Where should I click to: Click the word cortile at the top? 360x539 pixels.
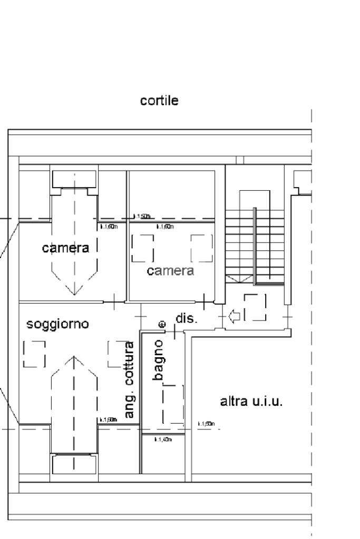point(159,101)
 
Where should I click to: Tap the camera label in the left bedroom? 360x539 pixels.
point(66,248)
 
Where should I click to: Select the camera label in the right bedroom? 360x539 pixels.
point(170,271)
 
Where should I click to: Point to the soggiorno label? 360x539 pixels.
point(58,325)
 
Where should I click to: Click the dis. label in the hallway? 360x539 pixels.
point(186,318)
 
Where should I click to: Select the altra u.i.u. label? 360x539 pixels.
point(251,401)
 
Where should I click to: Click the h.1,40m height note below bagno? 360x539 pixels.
point(163,439)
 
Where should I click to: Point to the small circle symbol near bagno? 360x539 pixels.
point(162,325)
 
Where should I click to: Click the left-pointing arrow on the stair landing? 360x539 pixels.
point(235,316)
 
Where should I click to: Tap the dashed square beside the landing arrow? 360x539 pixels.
point(255,307)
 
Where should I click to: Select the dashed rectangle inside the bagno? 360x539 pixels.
point(173,404)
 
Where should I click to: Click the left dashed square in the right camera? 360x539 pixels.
point(142,248)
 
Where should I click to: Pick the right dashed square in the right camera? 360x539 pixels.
point(201,248)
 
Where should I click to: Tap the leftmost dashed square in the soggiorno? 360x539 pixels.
point(34,354)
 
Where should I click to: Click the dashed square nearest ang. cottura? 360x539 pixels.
point(116,354)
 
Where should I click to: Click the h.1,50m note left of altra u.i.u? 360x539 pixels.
point(206,424)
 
